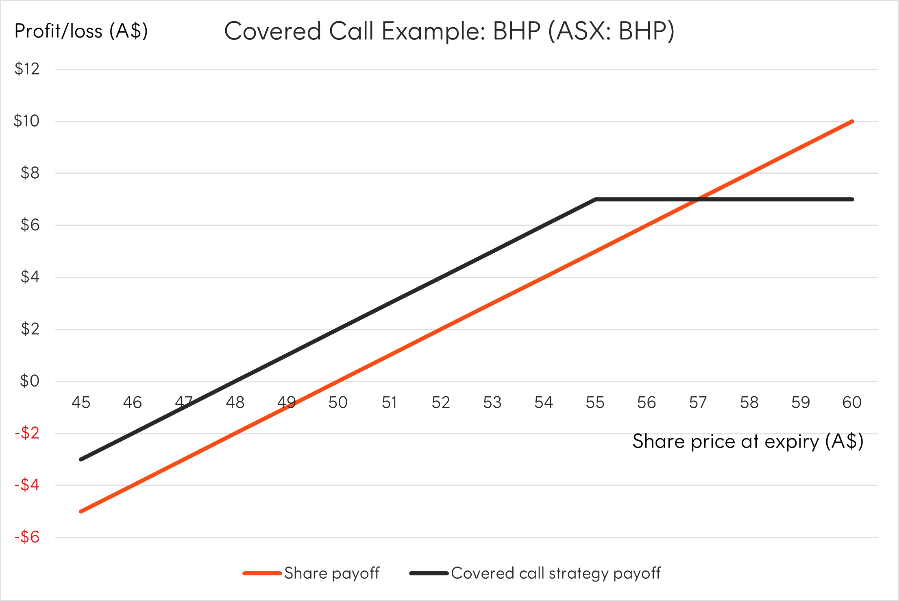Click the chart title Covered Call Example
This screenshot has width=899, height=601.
[449, 32]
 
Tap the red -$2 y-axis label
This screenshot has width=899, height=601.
[26, 434]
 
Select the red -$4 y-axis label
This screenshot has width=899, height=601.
[26, 485]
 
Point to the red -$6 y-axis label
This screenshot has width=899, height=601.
[26, 537]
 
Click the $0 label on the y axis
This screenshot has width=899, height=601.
[28, 382]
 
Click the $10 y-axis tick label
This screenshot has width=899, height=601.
[26, 121]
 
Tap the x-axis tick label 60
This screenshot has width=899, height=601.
[851, 402]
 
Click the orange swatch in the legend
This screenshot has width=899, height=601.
[262, 574]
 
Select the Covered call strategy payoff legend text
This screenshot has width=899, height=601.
[557, 574]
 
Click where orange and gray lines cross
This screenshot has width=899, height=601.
[697, 199]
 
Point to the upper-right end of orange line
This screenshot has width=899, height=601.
[853, 121]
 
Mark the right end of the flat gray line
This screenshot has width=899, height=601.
[853, 199]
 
